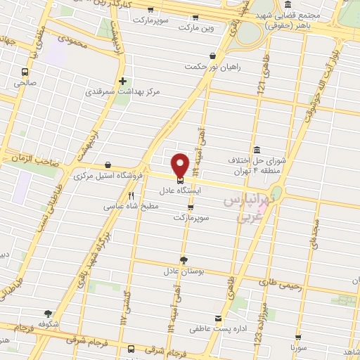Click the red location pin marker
pyautogui.click(x=181, y=164)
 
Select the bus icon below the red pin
pyautogui.click(x=180, y=177)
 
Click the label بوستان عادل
pyautogui.click(x=184, y=271)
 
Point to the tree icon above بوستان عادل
pyautogui.click(x=184, y=259)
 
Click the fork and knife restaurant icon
pyautogui.click(x=131, y=195)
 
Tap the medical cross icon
pyautogui.click(x=123, y=81)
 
